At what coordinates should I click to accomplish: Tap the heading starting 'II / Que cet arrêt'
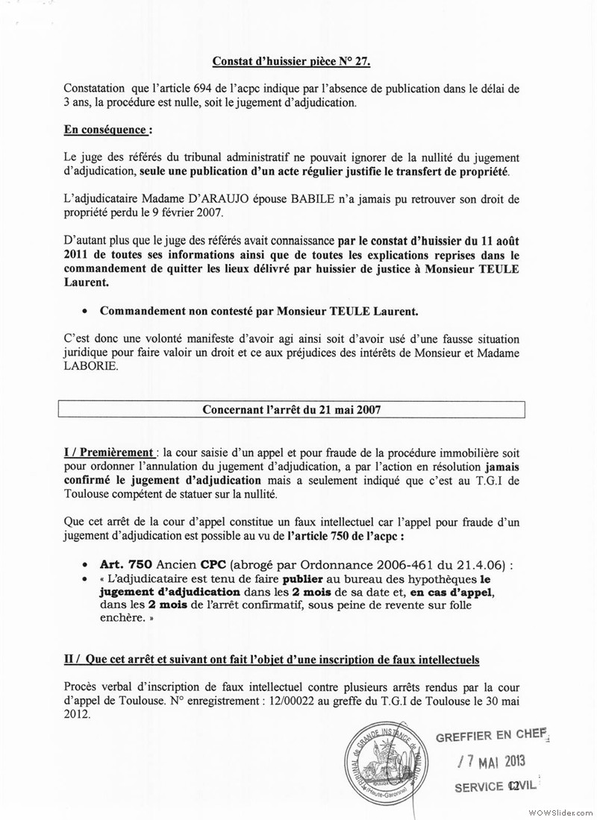272,660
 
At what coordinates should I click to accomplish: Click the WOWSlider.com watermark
565,813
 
